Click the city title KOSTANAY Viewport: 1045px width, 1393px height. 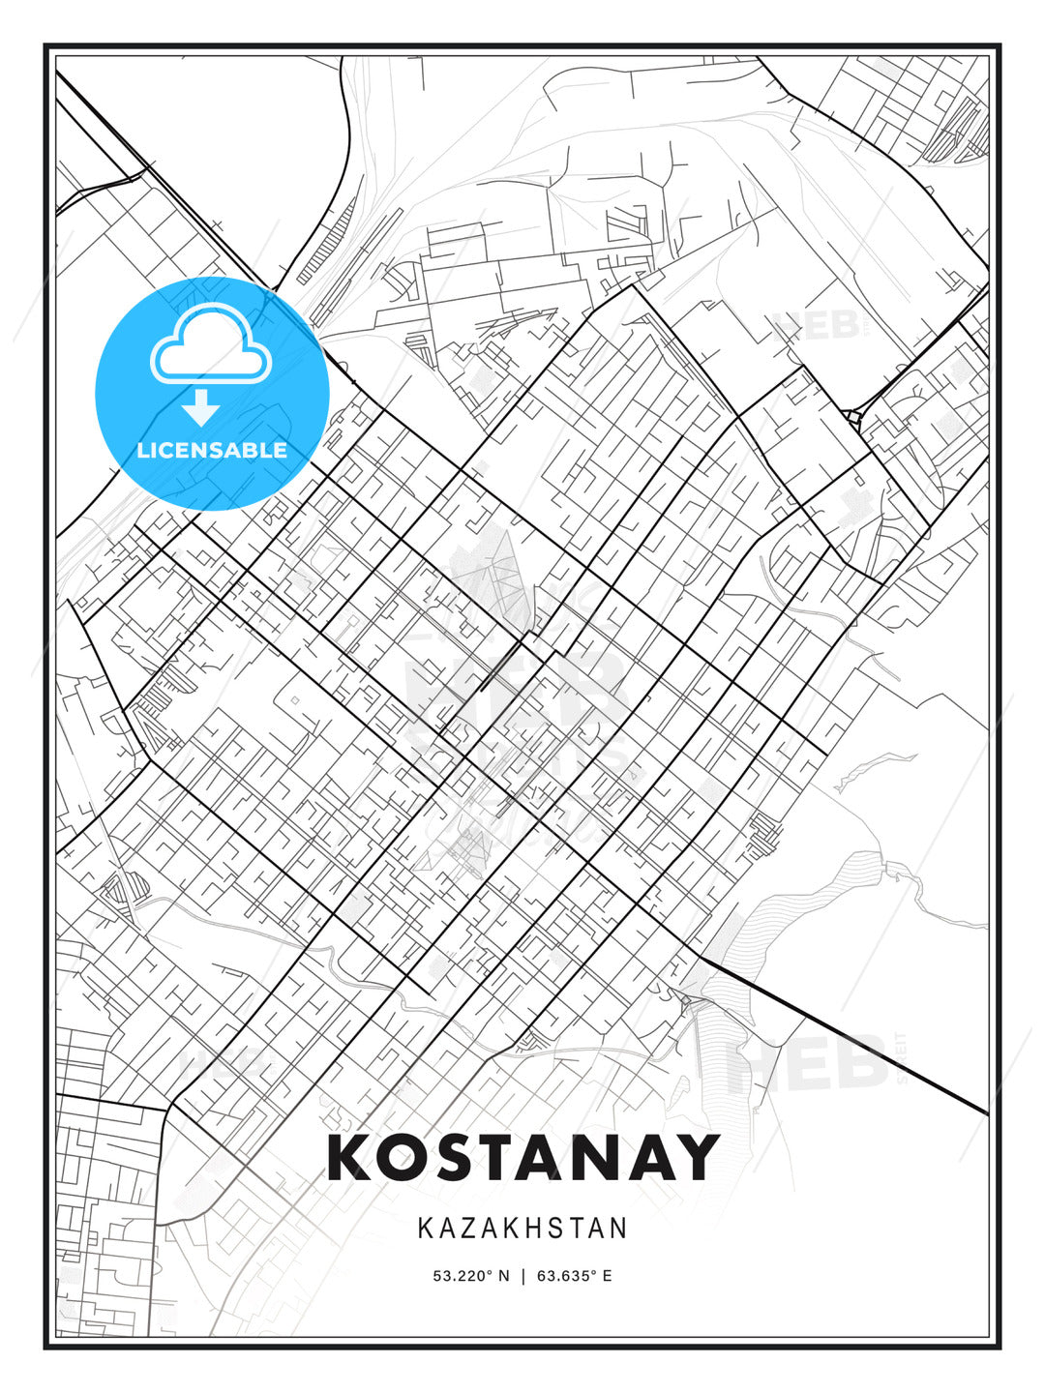522,1158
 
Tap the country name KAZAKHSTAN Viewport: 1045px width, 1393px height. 522,1229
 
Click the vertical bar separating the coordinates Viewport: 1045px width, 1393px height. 522,1276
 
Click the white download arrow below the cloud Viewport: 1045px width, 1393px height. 200,409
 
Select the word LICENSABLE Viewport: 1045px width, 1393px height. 212,450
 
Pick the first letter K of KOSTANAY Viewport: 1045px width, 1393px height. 350,1158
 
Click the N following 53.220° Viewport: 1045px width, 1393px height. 503,1276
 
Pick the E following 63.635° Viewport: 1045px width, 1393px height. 607,1276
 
